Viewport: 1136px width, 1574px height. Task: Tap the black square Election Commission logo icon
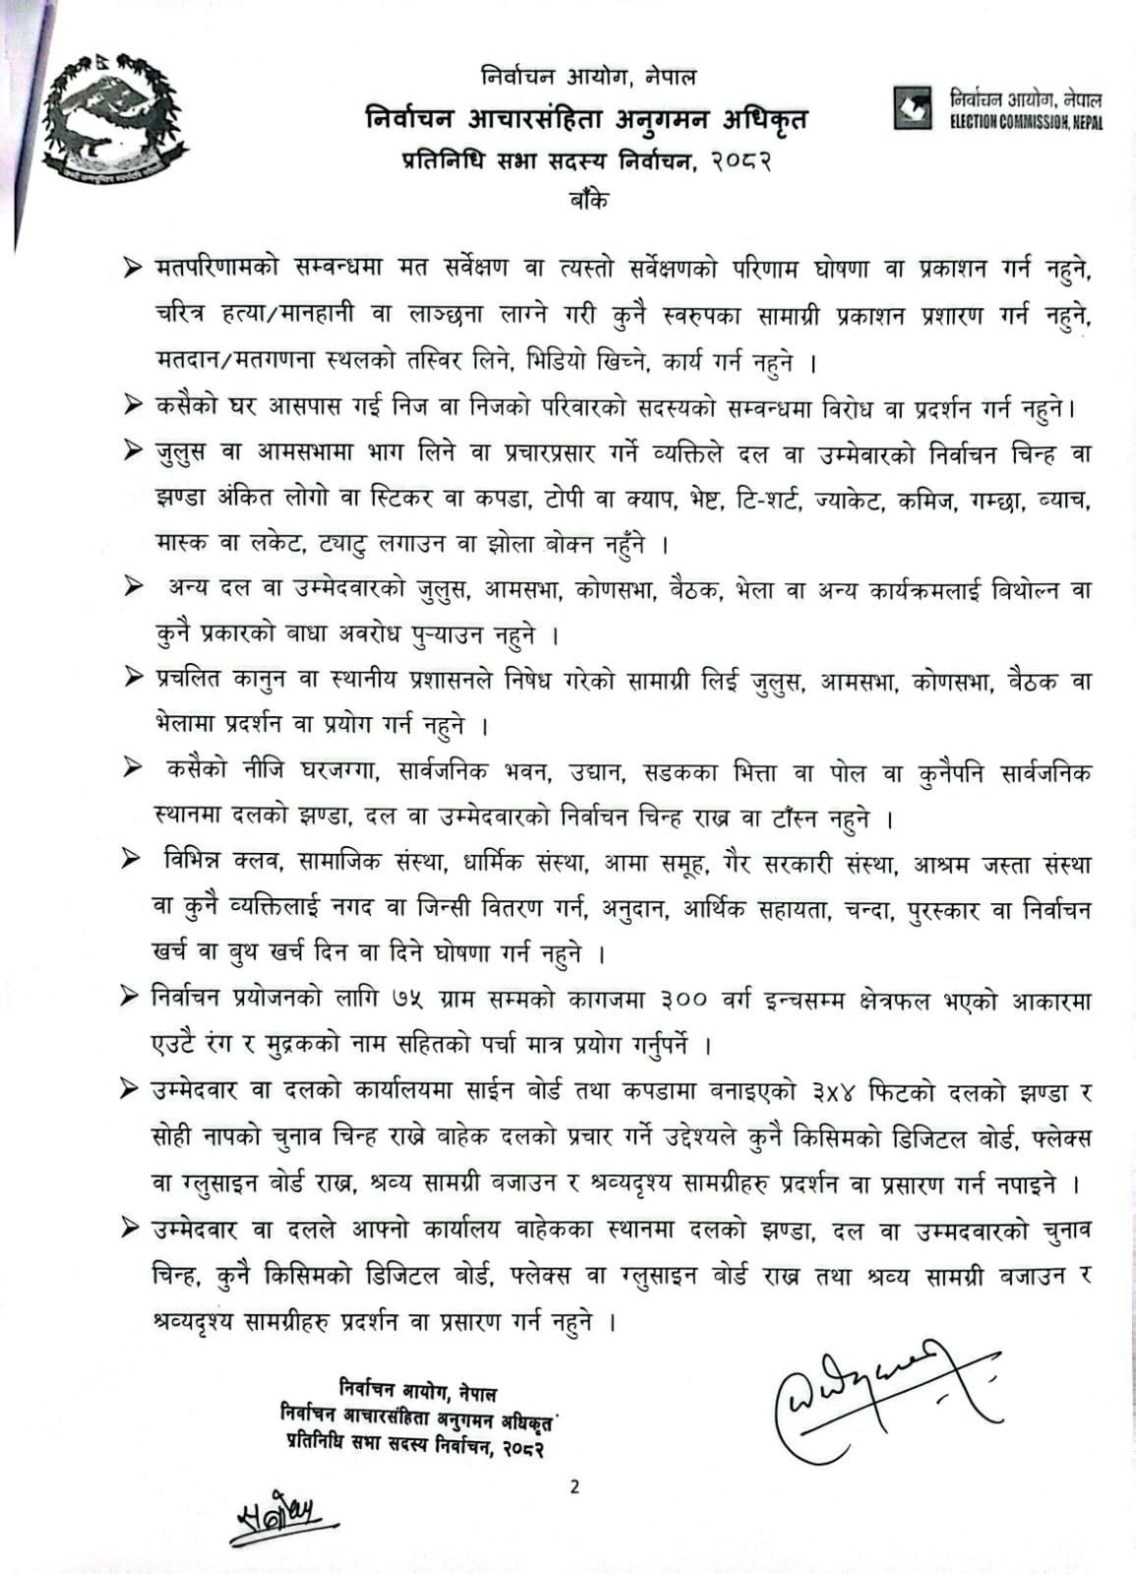(912, 107)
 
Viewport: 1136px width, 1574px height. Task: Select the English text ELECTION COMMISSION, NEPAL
(1026, 122)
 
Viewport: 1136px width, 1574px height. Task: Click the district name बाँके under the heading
(587, 199)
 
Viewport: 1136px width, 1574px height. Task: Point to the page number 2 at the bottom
(574, 1486)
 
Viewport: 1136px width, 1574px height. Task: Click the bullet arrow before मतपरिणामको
(132, 269)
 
